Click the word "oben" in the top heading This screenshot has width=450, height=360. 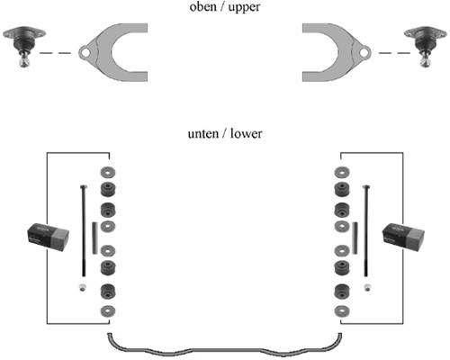(202, 6)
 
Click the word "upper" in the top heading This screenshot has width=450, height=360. (244, 8)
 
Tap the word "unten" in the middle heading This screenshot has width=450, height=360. (203, 134)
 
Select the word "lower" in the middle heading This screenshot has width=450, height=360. (246, 133)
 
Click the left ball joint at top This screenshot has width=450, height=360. (24, 46)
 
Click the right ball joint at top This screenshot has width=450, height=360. (426, 46)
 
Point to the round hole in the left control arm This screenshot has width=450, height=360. (85, 53)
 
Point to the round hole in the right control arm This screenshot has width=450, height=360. (364, 53)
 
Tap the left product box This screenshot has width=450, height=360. (49, 237)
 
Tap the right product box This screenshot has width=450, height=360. (403, 237)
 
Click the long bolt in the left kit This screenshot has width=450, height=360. (84, 231)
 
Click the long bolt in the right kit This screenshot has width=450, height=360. (366, 231)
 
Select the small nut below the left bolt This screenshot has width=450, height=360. (83, 287)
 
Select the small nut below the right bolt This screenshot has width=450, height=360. (367, 287)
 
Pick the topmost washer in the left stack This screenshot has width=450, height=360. (108, 172)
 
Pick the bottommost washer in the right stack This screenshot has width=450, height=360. (342, 311)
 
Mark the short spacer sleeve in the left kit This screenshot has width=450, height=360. (94, 238)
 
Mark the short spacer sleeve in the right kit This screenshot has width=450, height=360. (355, 238)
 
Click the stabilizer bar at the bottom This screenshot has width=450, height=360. (225, 350)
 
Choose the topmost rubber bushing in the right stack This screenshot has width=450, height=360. (342, 189)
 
